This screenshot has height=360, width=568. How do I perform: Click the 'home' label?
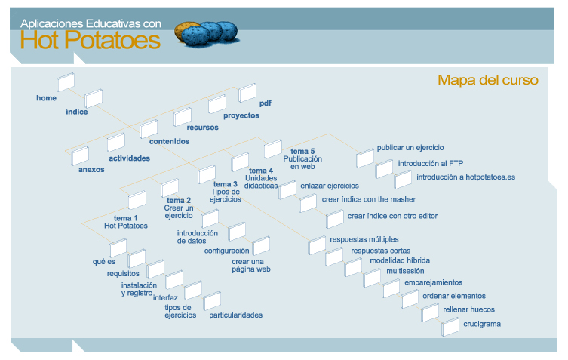[x=46, y=98]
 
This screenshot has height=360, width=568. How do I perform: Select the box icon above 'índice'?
[x=94, y=98]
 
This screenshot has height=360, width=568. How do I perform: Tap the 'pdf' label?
[x=265, y=103]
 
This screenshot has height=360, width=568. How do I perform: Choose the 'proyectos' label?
[x=241, y=115]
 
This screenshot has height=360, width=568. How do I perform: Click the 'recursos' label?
[x=203, y=128]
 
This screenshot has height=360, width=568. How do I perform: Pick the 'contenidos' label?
[x=169, y=141]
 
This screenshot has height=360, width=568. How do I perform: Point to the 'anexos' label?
[x=91, y=169]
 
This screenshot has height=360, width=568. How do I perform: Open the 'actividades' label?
[x=129, y=158]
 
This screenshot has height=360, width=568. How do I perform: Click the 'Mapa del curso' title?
[x=487, y=80]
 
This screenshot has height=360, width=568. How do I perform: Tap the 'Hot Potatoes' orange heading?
[x=91, y=40]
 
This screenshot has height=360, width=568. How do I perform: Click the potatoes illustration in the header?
[x=206, y=32]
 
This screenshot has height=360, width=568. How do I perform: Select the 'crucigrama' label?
[x=482, y=324]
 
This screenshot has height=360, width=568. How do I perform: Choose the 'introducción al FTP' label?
[x=431, y=162]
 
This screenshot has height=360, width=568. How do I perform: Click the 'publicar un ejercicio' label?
[x=410, y=148]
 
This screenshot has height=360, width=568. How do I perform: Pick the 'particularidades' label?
[x=236, y=315]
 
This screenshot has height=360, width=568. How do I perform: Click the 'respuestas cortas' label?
[x=381, y=250]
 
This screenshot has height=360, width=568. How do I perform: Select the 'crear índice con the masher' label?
[x=365, y=199]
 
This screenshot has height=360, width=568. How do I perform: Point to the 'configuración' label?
[x=226, y=250]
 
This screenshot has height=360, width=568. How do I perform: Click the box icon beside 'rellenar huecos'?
[x=430, y=311]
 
